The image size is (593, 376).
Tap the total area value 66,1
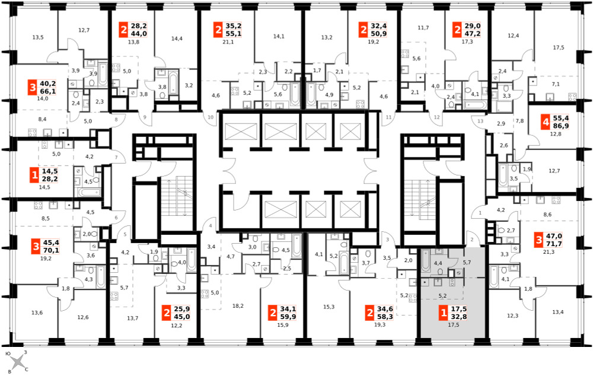pos(47,91)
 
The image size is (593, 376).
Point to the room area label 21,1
pos(228,42)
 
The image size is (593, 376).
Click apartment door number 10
pos(211,117)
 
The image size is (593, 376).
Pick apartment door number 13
pos(480,121)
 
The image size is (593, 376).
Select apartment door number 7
pos(116,157)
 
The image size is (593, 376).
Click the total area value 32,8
pos(458,317)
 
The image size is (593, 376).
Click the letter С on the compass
pos(26,369)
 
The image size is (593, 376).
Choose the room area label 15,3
pos(329,307)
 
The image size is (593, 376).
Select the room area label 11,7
pos(423,28)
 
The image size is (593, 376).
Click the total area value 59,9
pos(288,317)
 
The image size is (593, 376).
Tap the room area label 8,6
pos(547,215)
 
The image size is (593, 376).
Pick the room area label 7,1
pos(556,84)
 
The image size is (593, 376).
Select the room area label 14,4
pos(177,38)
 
